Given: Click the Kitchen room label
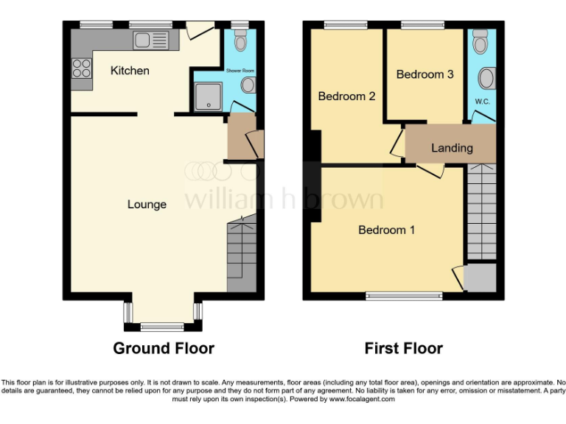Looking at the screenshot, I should [130, 71].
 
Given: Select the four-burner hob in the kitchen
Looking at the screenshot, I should [81, 68].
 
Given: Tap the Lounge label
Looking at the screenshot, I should [147, 204].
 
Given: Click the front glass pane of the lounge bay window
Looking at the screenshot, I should [162, 326].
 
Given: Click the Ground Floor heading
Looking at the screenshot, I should [164, 348].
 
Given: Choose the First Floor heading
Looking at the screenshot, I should [403, 348].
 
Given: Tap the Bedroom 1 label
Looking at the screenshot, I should [386, 230].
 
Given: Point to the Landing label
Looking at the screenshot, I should [452, 148].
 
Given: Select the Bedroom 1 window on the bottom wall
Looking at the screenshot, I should [405, 296].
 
